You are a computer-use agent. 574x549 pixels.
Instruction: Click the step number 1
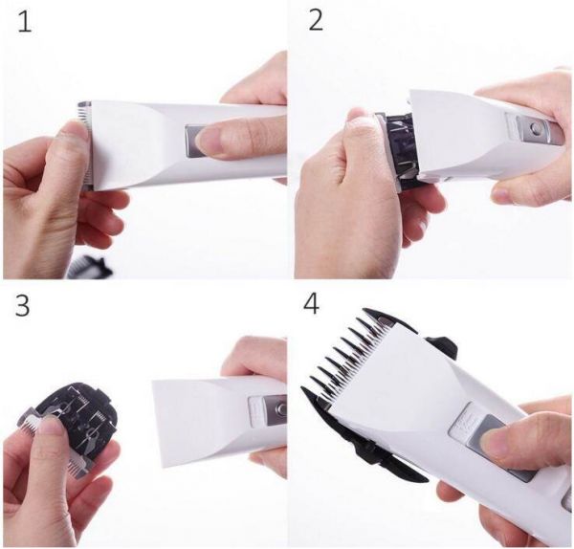tap(25, 23)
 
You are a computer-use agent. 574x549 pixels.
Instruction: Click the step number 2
tap(316, 21)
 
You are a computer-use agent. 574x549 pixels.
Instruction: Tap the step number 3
tap(22, 306)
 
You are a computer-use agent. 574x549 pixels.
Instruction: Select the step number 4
tap(311, 304)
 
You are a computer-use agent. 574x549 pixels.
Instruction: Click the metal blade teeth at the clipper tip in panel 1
tap(85, 143)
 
